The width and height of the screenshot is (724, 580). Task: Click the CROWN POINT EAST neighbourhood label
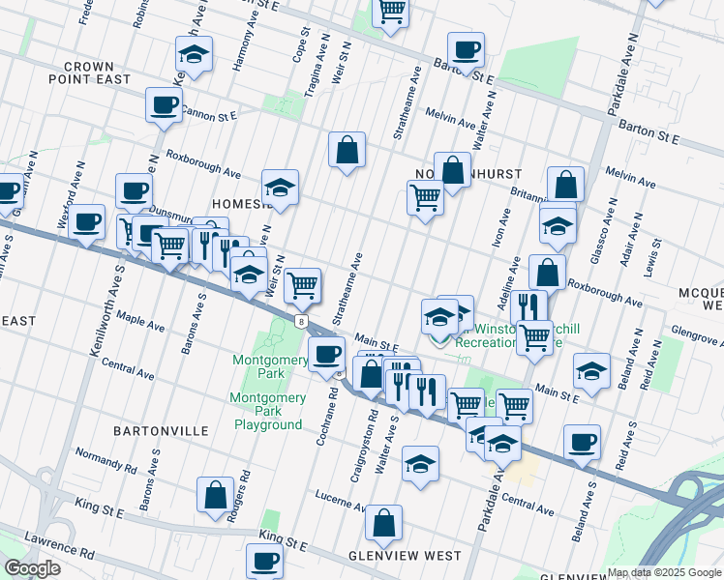click(x=97, y=72)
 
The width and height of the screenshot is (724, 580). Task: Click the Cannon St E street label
click(x=207, y=115)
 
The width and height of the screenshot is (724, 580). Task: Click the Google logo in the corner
click(x=32, y=568)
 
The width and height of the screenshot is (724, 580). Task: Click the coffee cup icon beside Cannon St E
click(x=164, y=104)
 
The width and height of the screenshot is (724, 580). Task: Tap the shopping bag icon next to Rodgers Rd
click(x=214, y=494)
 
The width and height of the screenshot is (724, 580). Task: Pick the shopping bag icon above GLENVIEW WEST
click(x=384, y=522)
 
